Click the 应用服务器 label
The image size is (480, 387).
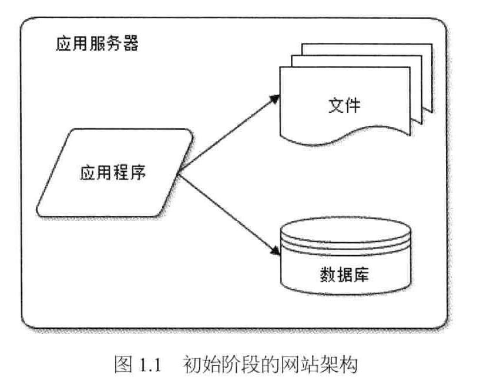pyautogui.click(x=97, y=44)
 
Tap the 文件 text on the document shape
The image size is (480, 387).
pyautogui.click(x=344, y=106)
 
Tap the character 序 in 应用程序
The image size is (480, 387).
pyautogui.click(x=139, y=174)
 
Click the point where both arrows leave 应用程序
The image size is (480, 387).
pyautogui.click(x=179, y=173)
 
